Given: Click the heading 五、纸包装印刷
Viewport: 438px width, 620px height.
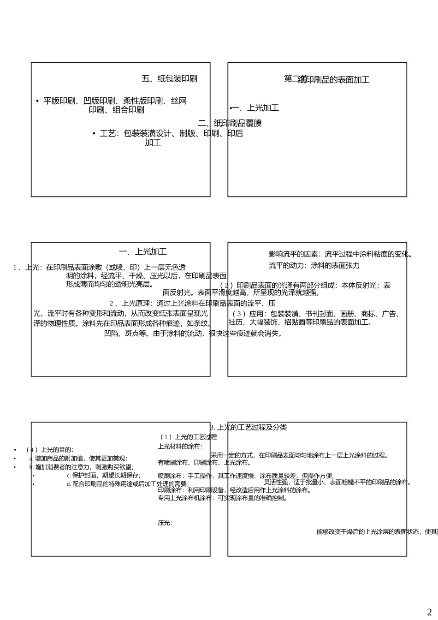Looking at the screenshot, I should (169, 79).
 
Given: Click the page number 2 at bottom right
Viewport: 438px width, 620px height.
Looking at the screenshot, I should (429, 612).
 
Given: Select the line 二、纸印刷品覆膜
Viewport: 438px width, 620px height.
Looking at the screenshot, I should (230, 123).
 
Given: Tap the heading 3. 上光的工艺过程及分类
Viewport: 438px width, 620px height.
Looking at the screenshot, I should (249, 428).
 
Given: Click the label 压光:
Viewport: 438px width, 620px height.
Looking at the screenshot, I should (165, 523).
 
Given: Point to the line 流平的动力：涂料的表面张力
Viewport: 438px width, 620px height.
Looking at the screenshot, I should (314, 266).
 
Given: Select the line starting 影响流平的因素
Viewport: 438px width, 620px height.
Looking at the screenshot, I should (340, 254).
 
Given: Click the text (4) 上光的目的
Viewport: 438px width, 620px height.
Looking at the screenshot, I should (50, 450).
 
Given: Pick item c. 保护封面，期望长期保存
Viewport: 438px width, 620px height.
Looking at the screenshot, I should (104, 475).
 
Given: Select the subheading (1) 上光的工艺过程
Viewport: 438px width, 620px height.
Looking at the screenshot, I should (189, 437).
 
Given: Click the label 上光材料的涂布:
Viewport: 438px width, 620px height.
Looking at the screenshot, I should (180, 447).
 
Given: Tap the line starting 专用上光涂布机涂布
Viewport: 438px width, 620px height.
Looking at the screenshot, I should (223, 498).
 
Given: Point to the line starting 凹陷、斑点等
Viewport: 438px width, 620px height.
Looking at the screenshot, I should (193, 334).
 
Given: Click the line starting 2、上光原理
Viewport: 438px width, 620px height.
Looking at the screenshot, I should (192, 304).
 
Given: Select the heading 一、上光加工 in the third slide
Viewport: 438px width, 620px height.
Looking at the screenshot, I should (143, 252).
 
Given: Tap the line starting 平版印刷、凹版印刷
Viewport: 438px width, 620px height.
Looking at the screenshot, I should (115, 101).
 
